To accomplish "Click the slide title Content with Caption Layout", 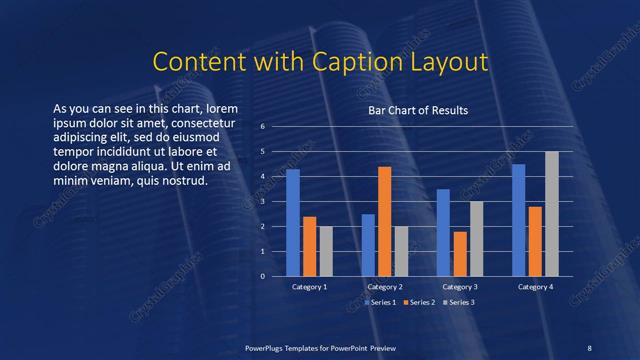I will (x=320, y=62).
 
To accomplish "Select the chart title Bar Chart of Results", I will (x=418, y=110).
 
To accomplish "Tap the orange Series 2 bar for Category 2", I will (x=385, y=221).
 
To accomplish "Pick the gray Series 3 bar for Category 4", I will (x=552, y=213).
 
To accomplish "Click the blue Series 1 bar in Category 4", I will (x=518, y=220).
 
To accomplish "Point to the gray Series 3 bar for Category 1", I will (x=326, y=251).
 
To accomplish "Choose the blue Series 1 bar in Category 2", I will (x=368, y=245).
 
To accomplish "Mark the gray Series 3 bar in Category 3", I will (x=477, y=238).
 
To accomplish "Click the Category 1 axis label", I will (x=310, y=287).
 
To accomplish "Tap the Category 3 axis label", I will (x=460, y=287).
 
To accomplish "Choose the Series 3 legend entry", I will (x=459, y=301).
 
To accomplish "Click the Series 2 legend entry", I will (x=421, y=301).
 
